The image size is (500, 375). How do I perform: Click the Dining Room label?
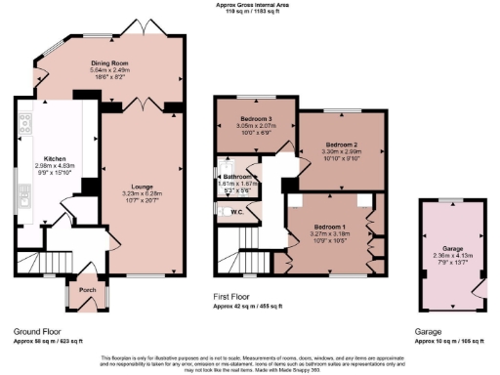(x=109, y=61)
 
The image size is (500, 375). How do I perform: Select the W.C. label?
(x=236, y=211)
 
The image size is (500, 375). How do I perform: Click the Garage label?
(x=451, y=248)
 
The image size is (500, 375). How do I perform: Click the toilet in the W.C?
(x=223, y=211)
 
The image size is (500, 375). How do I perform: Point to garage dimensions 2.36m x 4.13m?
(x=451, y=256)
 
